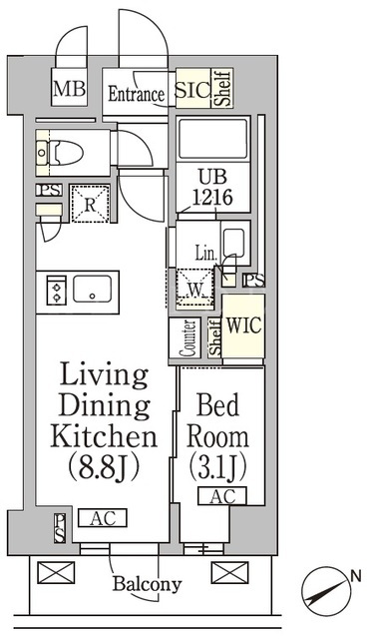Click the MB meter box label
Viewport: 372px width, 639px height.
coord(69,89)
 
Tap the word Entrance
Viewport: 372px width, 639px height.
coord(136,94)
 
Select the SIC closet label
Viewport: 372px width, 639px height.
coord(192,90)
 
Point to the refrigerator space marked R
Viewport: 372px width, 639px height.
coord(90,204)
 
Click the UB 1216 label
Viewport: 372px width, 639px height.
coord(212,188)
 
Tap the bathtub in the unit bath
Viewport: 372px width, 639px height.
coord(212,140)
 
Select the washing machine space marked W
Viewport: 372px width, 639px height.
coord(195,289)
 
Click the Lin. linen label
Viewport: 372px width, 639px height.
coord(205,254)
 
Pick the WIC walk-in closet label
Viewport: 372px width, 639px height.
coord(243,325)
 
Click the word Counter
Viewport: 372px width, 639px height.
coord(189,338)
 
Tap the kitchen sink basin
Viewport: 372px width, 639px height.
coord(92,289)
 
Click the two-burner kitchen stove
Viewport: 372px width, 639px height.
coord(56,290)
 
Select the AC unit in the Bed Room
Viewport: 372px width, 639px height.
coord(222,496)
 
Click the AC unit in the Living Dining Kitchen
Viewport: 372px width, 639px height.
coord(103,518)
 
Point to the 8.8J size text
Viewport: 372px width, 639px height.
coord(104,466)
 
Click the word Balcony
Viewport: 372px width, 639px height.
coord(147,584)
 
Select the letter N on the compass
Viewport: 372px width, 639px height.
coord(356,576)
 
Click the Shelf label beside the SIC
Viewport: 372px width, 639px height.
coord(223,88)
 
